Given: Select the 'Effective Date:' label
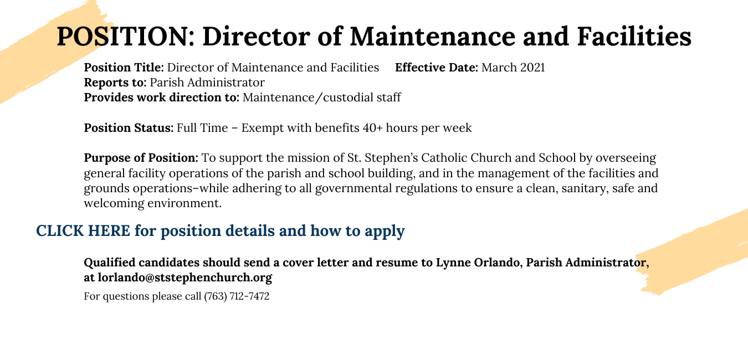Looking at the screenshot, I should (x=436, y=68).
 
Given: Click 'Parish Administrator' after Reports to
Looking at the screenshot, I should (x=207, y=83).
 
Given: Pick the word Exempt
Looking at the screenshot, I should (x=263, y=128).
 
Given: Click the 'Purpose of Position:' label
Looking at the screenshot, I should (x=141, y=158).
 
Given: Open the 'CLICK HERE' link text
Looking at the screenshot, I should (x=83, y=230).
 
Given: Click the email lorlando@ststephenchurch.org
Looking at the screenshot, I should (x=185, y=277).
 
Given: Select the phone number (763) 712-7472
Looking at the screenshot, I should (x=237, y=296).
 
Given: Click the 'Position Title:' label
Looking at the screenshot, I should (x=124, y=68).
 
